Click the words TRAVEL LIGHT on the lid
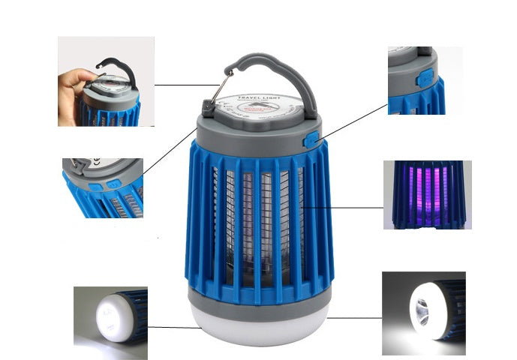coord(258,98)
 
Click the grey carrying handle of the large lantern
coord(285,67)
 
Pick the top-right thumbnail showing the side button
coord(417,80)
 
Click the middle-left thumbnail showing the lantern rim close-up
coord(103,187)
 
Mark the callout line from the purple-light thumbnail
coord(345,208)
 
